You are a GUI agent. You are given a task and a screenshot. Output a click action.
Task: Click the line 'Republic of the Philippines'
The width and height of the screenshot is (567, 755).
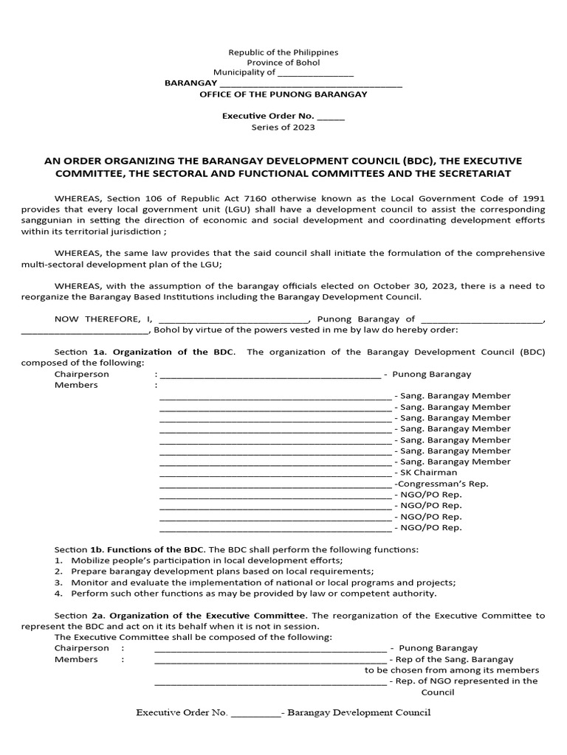pyautogui.click(x=283, y=53)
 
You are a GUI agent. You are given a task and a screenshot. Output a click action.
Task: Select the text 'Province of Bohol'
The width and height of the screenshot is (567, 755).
pyautogui.click(x=283, y=63)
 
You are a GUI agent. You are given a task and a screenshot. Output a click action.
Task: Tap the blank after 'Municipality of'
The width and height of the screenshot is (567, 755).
pyautogui.click(x=315, y=73)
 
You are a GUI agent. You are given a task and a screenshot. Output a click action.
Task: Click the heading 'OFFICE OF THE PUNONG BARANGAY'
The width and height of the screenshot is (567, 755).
pyautogui.click(x=283, y=95)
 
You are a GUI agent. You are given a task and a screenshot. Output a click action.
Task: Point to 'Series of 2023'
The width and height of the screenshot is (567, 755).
pyautogui.click(x=283, y=127)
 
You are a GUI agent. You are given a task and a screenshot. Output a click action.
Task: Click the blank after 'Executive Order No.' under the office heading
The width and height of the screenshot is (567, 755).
pyautogui.click(x=331, y=116)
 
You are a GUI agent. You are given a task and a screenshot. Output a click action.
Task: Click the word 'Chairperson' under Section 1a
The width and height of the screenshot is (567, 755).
pyautogui.click(x=82, y=374)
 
